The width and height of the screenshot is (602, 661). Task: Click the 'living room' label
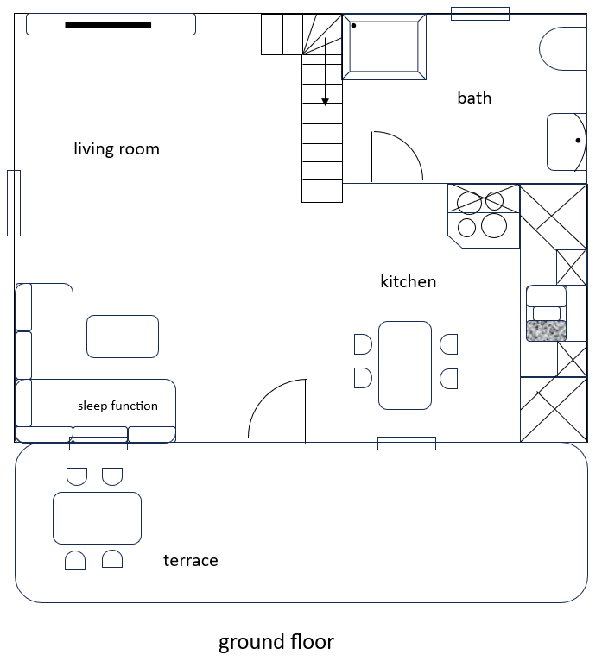[x=117, y=148]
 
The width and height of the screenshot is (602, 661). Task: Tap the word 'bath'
[x=474, y=98]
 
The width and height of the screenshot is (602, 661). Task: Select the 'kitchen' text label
[x=408, y=281]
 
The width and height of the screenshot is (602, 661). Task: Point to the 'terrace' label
[x=191, y=561]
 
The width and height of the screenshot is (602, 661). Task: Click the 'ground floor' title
[x=276, y=642]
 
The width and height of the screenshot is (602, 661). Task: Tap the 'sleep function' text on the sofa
[x=117, y=406]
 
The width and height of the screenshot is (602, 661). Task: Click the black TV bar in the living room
[x=108, y=24]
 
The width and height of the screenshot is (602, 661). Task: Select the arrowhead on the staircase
[x=325, y=102]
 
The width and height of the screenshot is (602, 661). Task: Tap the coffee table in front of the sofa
[x=123, y=337]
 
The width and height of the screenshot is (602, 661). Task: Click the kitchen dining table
[x=405, y=365]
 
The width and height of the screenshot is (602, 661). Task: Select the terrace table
[x=97, y=518]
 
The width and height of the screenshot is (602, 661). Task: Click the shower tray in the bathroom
[x=383, y=47]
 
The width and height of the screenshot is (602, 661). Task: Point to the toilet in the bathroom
[x=563, y=49]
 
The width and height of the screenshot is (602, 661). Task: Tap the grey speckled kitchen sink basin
[x=547, y=330]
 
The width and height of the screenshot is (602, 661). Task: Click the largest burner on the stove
[x=494, y=225]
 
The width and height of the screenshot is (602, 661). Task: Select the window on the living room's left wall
[x=14, y=203]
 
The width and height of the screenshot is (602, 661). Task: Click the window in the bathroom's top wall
[x=480, y=14]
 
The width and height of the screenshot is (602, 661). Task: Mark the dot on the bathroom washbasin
[x=578, y=141]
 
